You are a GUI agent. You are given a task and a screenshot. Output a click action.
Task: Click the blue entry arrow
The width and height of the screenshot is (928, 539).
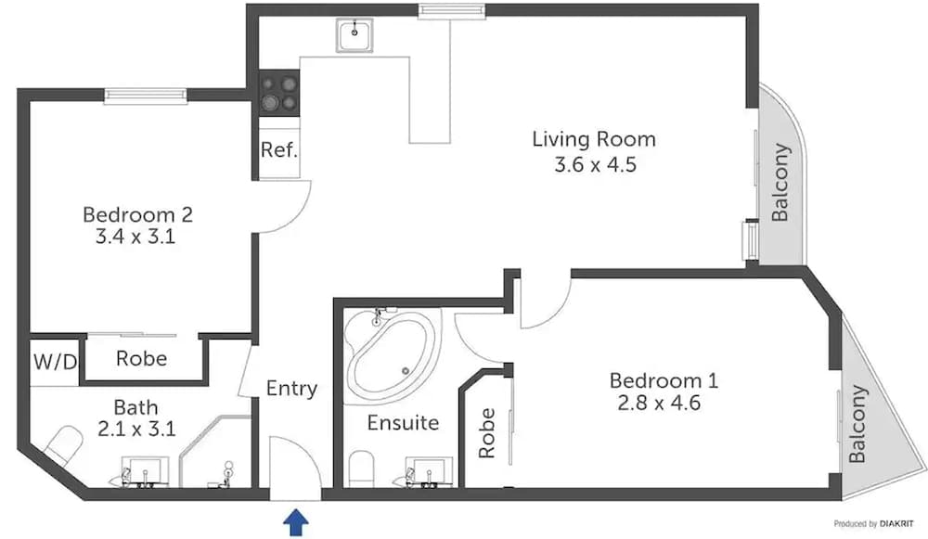pyautogui.click(x=295, y=522)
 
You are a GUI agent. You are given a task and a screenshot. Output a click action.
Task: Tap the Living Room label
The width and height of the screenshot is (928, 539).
pyautogui.click(x=594, y=140)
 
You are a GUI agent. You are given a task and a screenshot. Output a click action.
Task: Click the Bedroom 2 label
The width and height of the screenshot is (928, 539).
pyautogui.click(x=137, y=214)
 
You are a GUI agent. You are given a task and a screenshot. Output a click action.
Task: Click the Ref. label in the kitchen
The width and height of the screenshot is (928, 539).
pyautogui.click(x=278, y=149)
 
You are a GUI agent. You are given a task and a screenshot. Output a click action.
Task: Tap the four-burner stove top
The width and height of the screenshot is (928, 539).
pyautogui.click(x=279, y=93)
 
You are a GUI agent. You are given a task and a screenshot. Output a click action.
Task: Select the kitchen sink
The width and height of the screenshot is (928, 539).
pyautogui.click(x=354, y=37)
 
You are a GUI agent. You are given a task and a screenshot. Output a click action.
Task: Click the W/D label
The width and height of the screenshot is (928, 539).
pyautogui.click(x=56, y=360)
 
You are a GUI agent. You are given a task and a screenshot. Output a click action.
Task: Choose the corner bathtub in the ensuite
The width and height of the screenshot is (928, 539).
pyautogui.click(x=391, y=354)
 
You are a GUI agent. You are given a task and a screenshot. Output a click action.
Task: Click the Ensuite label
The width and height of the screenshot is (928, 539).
pyautogui.click(x=403, y=423)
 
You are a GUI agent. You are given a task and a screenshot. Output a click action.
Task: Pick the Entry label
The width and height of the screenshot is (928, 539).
pyautogui.click(x=291, y=389)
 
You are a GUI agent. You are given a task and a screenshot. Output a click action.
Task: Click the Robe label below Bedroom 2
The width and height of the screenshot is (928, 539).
pyautogui.click(x=141, y=358)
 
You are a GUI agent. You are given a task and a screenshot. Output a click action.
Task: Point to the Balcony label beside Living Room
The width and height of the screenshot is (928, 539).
pyautogui.click(x=780, y=182)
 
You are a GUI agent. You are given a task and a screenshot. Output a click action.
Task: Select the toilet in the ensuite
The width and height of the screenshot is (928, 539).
pyautogui.click(x=360, y=468)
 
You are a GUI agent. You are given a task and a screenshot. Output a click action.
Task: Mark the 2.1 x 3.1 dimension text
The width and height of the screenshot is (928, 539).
pyautogui.click(x=135, y=429)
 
